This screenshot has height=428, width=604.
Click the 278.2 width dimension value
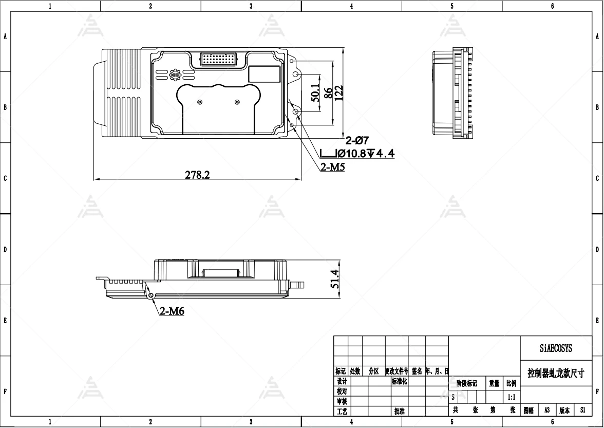point(197,175)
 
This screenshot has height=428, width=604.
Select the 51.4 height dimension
point(334,279)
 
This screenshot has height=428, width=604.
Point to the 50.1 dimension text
point(315,93)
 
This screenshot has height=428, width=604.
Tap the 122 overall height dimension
point(338,93)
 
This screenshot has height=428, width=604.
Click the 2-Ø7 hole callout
point(357,140)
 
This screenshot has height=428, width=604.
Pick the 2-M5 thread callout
point(332,167)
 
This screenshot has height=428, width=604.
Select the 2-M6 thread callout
point(172,311)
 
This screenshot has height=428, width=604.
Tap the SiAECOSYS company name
point(556,349)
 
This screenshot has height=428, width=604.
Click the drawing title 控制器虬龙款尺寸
point(556,373)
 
